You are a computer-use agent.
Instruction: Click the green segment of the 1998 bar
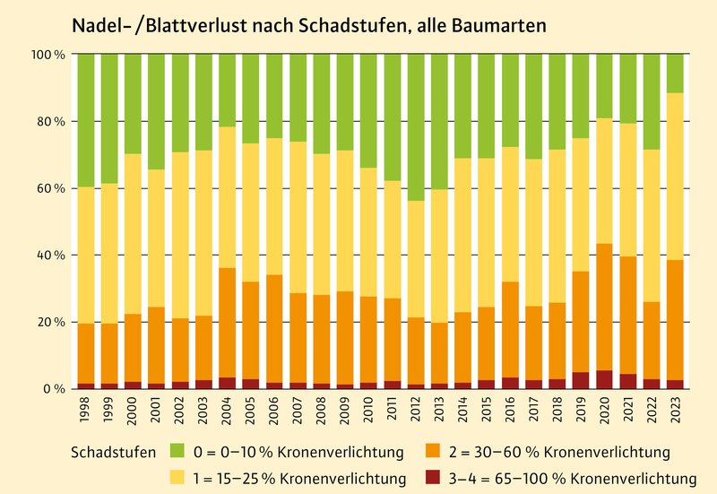click(85, 120)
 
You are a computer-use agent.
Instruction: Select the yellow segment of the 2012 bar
click(416, 259)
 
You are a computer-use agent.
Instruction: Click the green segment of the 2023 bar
click(676, 74)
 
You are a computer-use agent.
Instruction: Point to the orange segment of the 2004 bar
click(227, 323)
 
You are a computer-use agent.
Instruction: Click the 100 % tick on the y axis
click(49, 55)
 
